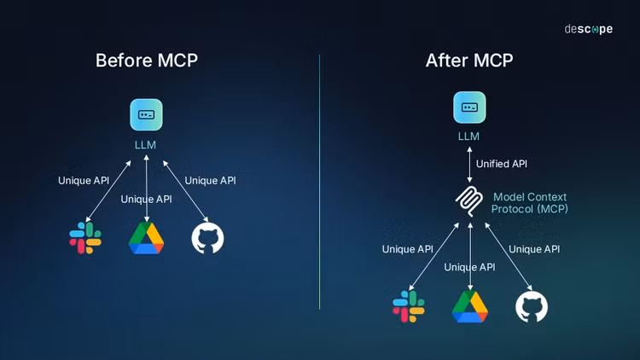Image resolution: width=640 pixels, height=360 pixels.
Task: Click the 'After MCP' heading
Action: (x=468, y=61)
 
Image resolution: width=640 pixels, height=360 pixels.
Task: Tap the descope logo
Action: (x=588, y=29)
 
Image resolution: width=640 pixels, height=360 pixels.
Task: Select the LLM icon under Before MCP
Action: (x=146, y=114)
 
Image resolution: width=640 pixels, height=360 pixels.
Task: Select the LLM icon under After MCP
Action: (x=468, y=107)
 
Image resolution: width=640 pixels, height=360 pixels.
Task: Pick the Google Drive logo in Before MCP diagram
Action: (x=146, y=238)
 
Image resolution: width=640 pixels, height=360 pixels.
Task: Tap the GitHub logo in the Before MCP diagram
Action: (x=207, y=238)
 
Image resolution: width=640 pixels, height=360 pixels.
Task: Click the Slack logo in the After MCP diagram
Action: (x=408, y=306)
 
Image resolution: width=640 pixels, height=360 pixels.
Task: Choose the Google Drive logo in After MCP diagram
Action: (x=469, y=306)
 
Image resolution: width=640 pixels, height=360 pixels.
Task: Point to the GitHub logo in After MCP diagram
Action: (x=531, y=306)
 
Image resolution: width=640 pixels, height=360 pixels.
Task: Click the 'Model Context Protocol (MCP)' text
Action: (x=530, y=203)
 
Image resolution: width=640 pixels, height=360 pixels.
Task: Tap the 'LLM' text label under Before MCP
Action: (x=146, y=144)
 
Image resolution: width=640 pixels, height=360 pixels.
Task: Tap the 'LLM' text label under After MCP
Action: (x=468, y=136)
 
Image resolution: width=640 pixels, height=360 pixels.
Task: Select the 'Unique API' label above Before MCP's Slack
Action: (x=84, y=180)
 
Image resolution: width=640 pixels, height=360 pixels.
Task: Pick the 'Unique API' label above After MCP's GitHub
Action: (x=534, y=249)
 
